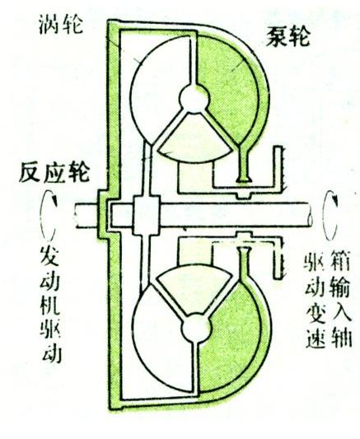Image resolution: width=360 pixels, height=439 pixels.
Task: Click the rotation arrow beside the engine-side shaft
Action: tap(48, 216)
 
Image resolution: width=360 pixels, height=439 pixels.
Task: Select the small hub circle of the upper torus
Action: tap(194, 99)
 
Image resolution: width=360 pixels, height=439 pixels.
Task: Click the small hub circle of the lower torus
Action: tap(195, 328)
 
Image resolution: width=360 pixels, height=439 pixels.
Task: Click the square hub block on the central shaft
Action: tap(146, 216)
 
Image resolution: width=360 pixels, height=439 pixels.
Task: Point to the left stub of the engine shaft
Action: tap(86, 216)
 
